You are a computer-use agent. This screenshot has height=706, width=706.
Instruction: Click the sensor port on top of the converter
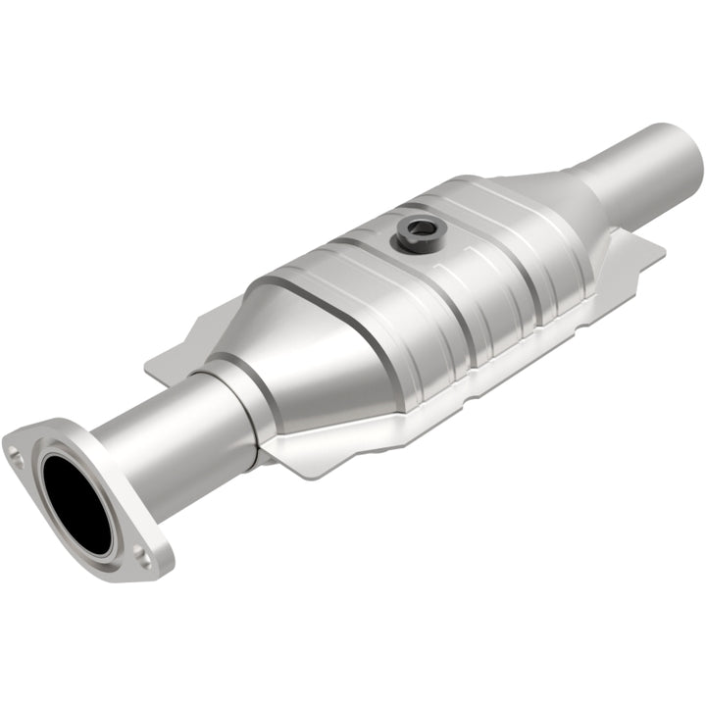coord(418,234)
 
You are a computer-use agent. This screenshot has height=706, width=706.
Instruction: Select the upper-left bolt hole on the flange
coord(16,453)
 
